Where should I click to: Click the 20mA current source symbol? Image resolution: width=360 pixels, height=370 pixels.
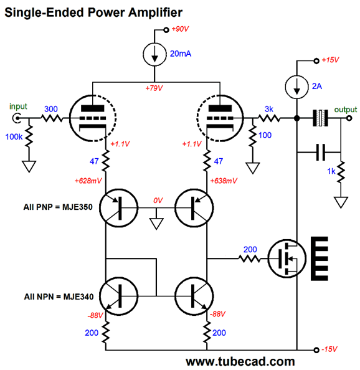pyautogui.click(x=154, y=55)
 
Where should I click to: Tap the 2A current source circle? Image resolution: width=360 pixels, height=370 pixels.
pyautogui.click(x=296, y=87)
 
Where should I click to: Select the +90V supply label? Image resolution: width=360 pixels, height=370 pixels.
pyautogui.click(x=180, y=29)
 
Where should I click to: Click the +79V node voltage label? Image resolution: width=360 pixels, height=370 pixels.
pyautogui.click(x=154, y=88)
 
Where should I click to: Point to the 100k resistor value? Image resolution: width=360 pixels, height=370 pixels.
pyautogui.click(x=14, y=136)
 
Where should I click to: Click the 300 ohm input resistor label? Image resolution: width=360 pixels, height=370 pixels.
pyautogui.click(x=51, y=109)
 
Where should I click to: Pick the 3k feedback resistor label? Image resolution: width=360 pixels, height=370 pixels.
pyautogui.click(x=268, y=109)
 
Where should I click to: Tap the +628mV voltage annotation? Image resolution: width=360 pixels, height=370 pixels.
pyautogui.click(x=88, y=181)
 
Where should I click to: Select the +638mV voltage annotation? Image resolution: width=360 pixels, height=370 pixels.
pyautogui.click(x=224, y=181)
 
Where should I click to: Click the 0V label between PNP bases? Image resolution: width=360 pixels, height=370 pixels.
pyautogui.click(x=158, y=201)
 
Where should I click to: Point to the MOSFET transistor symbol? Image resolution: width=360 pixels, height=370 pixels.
pyautogui.click(x=287, y=259)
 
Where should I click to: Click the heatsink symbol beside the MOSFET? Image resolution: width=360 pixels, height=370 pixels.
pyautogui.click(x=320, y=259)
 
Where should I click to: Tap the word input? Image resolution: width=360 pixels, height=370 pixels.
pyautogui.click(x=18, y=107)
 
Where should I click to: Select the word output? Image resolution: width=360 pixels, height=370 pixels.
pyautogui.click(x=346, y=110)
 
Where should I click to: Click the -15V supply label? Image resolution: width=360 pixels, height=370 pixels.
pyautogui.click(x=329, y=349)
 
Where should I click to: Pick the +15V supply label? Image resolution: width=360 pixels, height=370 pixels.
pyautogui.click(x=330, y=60)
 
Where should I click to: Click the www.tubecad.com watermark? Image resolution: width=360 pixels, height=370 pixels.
pyautogui.click(x=240, y=361)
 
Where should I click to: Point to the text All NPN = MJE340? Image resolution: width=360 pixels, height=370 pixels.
pyautogui.click(x=59, y=296)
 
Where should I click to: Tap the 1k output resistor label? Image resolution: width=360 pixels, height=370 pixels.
pyautogui.click(x=331, y=171)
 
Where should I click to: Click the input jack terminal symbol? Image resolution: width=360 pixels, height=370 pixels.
pyautogui.click(x=17, y=118)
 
